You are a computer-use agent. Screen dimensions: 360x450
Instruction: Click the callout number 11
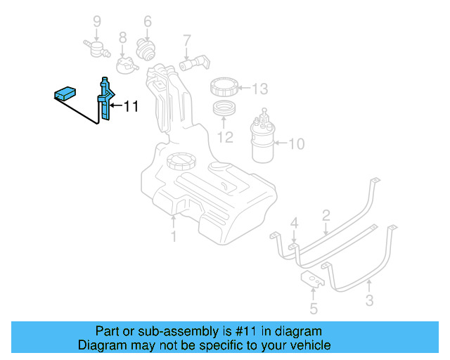[131, 107]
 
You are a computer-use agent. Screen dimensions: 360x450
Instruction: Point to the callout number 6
[148, 21]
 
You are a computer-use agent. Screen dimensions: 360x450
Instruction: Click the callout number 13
[259, 89]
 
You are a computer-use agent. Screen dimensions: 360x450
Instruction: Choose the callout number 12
[224, 136]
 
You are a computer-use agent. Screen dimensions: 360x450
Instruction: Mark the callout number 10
[296, 144]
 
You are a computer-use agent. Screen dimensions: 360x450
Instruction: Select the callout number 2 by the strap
[326, 214]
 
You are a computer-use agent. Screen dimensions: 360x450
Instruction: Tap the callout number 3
[369, 302]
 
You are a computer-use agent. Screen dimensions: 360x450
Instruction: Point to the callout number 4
[295, 223]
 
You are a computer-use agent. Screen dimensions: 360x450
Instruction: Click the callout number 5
[313, 308]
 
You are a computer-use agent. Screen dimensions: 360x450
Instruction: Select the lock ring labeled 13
[226, 89]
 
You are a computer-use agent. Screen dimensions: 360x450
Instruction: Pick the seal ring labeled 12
[225, 110]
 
